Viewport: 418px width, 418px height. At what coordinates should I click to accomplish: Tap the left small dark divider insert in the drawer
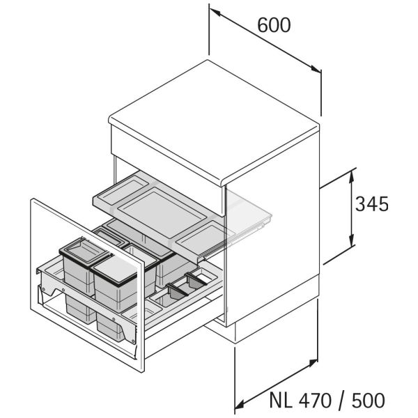[178, 290]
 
